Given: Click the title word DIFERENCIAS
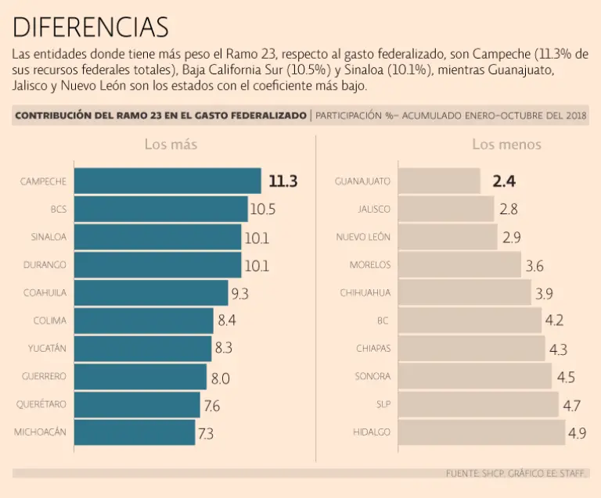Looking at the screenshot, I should (91, 27).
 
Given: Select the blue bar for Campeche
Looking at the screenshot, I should (167, 181).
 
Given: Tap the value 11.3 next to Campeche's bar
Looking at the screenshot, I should (283, 181).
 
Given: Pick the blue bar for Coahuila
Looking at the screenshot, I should (150, 293).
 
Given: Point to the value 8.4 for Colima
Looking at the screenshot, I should (227, 321).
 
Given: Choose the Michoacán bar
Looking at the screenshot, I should (134, 432).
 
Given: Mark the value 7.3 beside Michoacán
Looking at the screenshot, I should (205, 432).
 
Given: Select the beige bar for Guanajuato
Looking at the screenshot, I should (439, 181).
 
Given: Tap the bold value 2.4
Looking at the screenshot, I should (504, 181).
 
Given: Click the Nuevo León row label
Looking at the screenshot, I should (363, 237).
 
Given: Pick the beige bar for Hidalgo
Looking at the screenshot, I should (481, 432).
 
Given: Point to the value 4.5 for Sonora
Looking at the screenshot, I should (566, 377).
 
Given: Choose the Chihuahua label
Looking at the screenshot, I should (365, 293).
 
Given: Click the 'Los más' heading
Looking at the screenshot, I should (171, 145).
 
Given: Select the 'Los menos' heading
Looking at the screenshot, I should (506, 145).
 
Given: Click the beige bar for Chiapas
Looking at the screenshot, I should (472, 349).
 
